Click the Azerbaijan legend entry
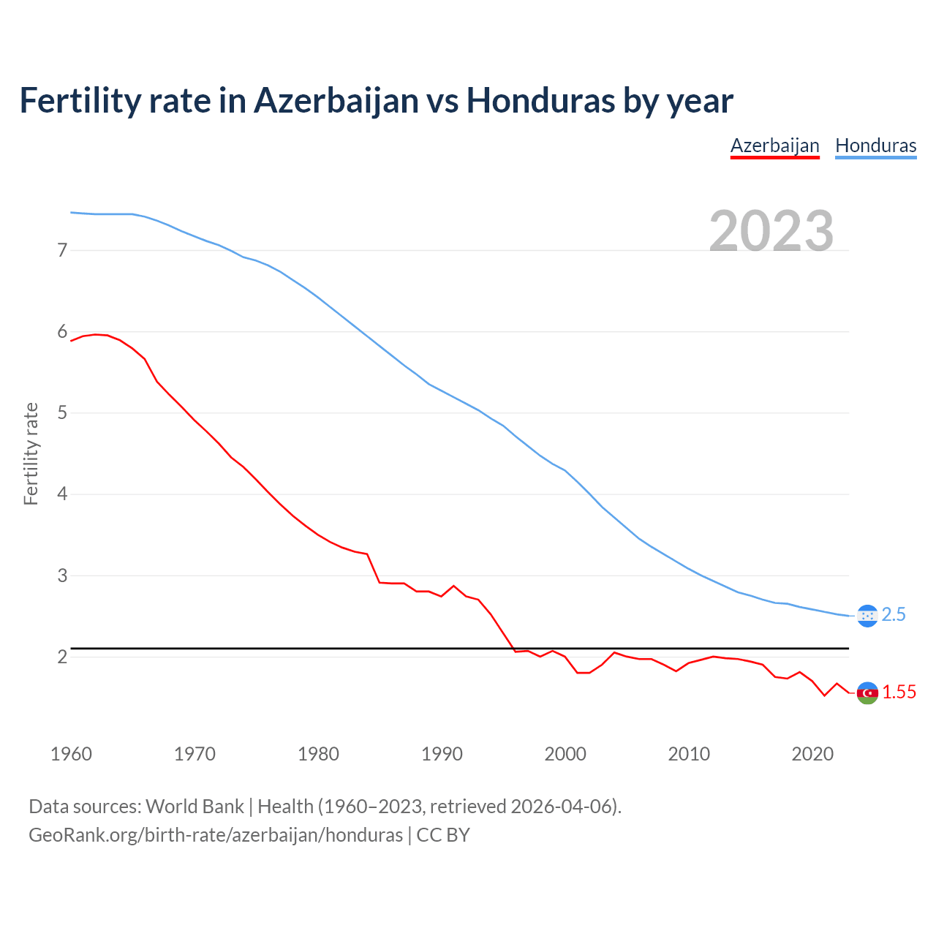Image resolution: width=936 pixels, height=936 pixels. (774, 146)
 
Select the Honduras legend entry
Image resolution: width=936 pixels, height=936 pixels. (875, 146)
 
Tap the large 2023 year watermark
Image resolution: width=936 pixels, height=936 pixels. (771, 231)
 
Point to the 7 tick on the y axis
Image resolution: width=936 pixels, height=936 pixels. (62, 251)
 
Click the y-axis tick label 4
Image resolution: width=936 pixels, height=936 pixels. (62, 494)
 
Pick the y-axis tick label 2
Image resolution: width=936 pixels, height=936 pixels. (62, 657)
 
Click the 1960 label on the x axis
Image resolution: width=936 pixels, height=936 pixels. (71, 754)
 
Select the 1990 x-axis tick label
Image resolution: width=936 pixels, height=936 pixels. (442, 754)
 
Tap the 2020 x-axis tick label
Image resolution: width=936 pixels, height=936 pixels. (812, 754)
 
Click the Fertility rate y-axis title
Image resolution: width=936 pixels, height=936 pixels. (31, 453)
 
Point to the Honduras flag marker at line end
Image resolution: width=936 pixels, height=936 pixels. (867, 616)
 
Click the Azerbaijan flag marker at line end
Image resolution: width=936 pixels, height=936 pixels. (867, 692)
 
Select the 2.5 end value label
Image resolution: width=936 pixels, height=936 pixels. (894, 615)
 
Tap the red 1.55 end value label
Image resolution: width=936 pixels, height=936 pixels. (899, 692)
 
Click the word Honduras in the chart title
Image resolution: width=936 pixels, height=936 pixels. (540, 100)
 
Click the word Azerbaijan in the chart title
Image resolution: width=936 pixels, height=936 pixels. (336, 100)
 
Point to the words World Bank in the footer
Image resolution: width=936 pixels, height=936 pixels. (195, 807)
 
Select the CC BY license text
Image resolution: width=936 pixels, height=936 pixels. (443, 835)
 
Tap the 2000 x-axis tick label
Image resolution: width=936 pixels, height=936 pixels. (565, 754)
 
